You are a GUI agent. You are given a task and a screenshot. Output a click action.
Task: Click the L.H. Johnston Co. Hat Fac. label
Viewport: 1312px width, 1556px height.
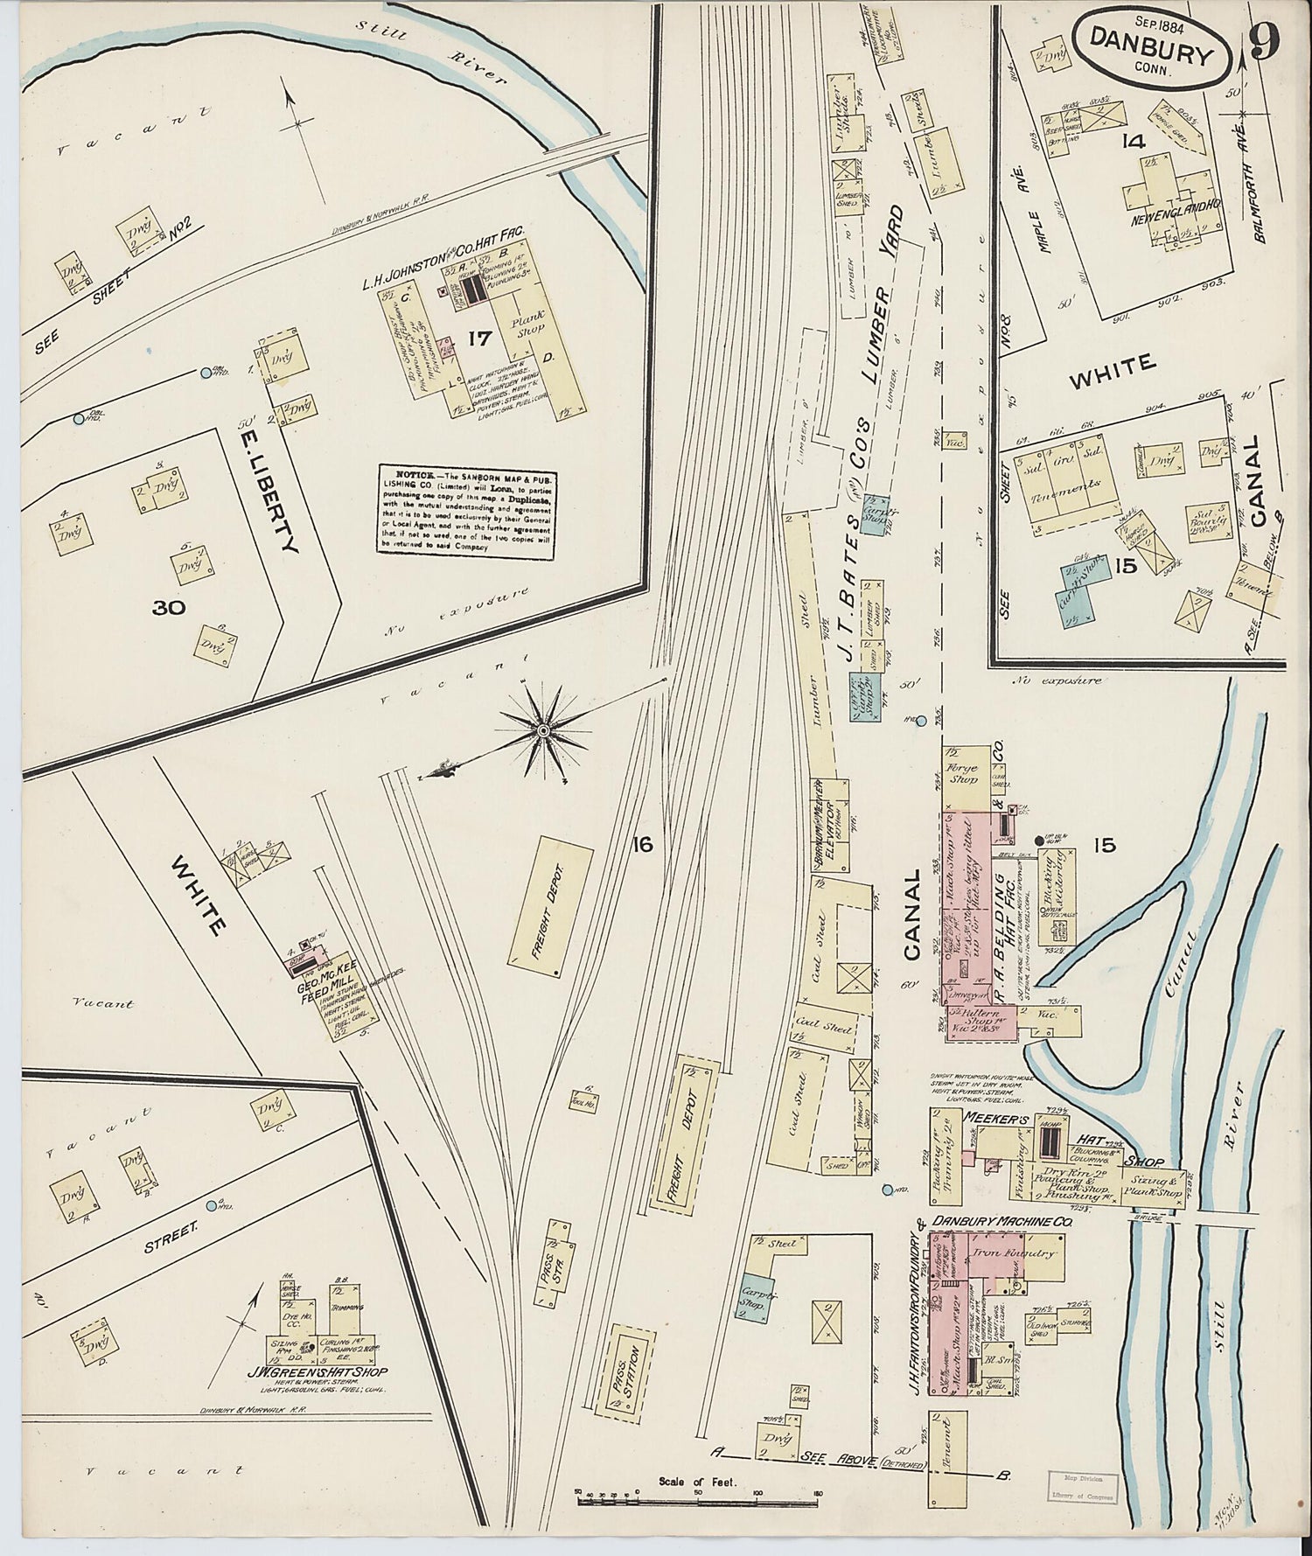tap(443, 257)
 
